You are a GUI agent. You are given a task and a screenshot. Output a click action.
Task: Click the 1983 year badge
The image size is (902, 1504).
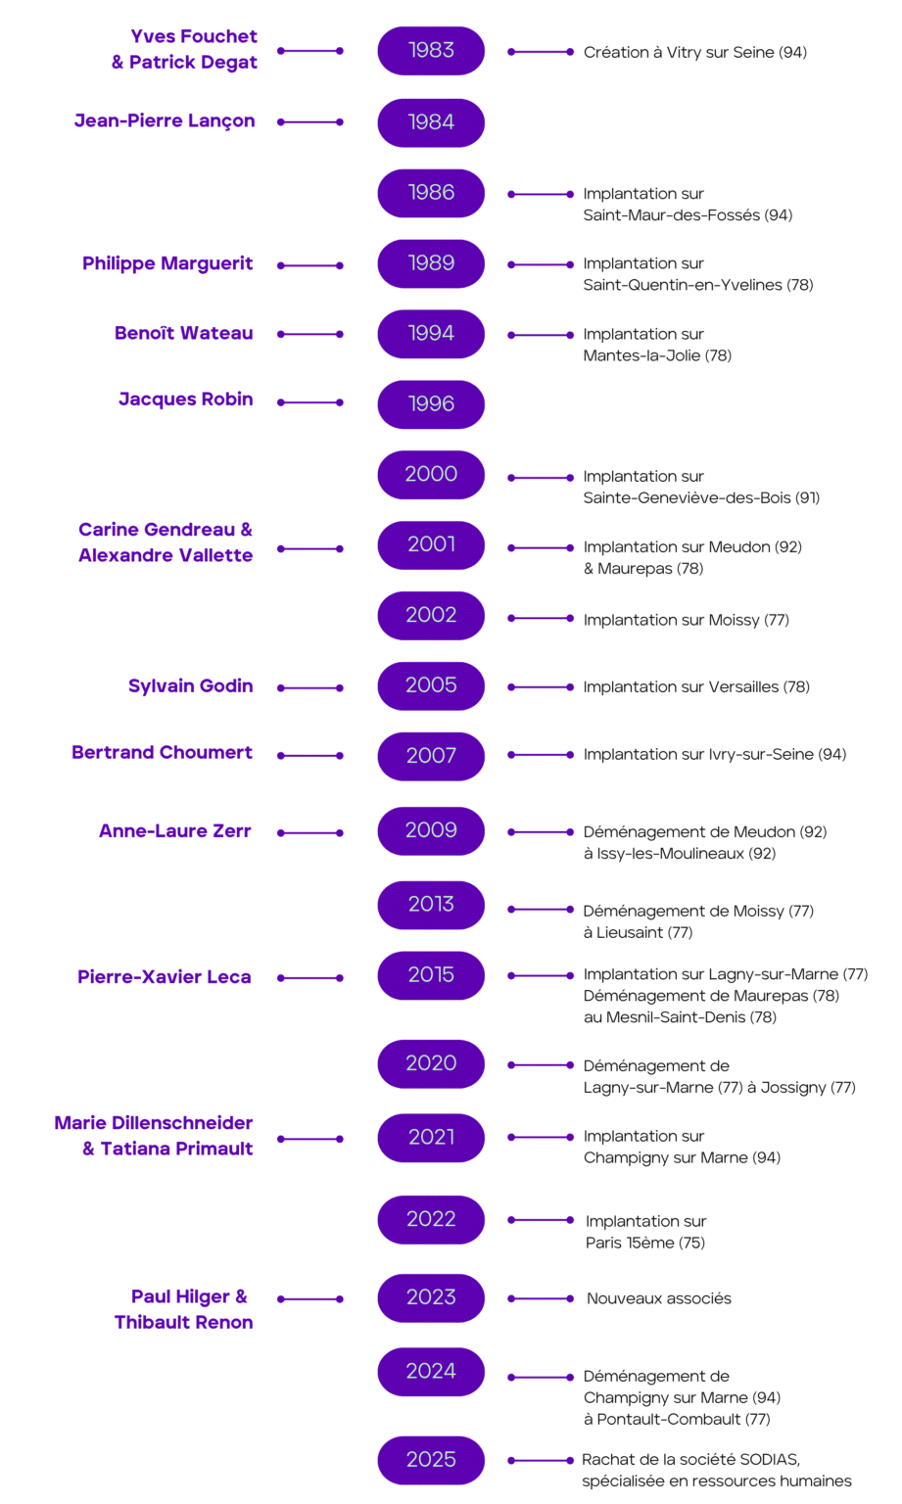point(431,51)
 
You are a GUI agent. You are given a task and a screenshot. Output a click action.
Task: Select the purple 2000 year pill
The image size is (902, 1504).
point(431,475)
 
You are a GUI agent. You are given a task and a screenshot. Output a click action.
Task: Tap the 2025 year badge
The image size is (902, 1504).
point(431,1460)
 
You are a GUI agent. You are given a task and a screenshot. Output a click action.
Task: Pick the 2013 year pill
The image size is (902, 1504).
point(431,905)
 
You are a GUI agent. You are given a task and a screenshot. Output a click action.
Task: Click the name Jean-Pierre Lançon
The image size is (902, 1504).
point(165,120)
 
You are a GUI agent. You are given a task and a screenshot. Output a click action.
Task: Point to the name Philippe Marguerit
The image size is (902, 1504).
point(167,263)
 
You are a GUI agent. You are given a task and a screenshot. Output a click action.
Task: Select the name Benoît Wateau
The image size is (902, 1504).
point(183,333)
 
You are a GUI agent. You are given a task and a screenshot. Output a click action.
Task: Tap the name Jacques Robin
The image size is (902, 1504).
point(186,399)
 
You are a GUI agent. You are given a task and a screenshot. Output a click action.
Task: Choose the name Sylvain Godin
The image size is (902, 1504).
point(191,685)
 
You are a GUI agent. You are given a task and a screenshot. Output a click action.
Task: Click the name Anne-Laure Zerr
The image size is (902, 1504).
point(175,831)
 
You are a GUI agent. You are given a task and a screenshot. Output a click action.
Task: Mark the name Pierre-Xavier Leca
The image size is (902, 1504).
point(165,977)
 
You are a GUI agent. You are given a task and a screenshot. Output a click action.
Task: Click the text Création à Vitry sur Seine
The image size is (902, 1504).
point(680,52)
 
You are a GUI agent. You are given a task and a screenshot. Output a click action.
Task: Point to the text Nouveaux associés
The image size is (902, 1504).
point(659,1298)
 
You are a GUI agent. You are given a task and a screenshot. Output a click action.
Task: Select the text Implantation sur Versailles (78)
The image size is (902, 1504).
point(696,686)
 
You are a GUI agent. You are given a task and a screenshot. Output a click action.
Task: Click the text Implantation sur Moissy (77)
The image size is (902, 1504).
point(687,620)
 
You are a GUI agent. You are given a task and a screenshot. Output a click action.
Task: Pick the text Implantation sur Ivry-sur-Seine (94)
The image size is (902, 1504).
point(715,755)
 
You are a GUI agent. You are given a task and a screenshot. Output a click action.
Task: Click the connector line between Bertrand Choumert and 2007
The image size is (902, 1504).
point(310,755)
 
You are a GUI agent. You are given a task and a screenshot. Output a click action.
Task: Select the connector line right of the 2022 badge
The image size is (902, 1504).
point(541,1220)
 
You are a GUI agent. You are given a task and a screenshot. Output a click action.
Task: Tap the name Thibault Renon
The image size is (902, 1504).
point(184,1322)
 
